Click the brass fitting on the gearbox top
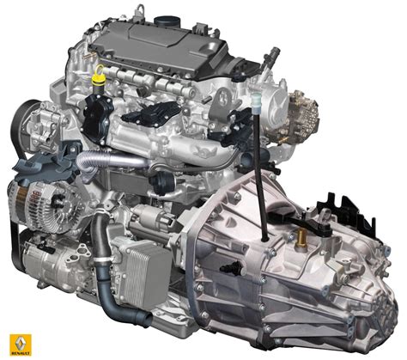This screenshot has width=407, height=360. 303,233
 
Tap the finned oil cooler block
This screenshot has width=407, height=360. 141,257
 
